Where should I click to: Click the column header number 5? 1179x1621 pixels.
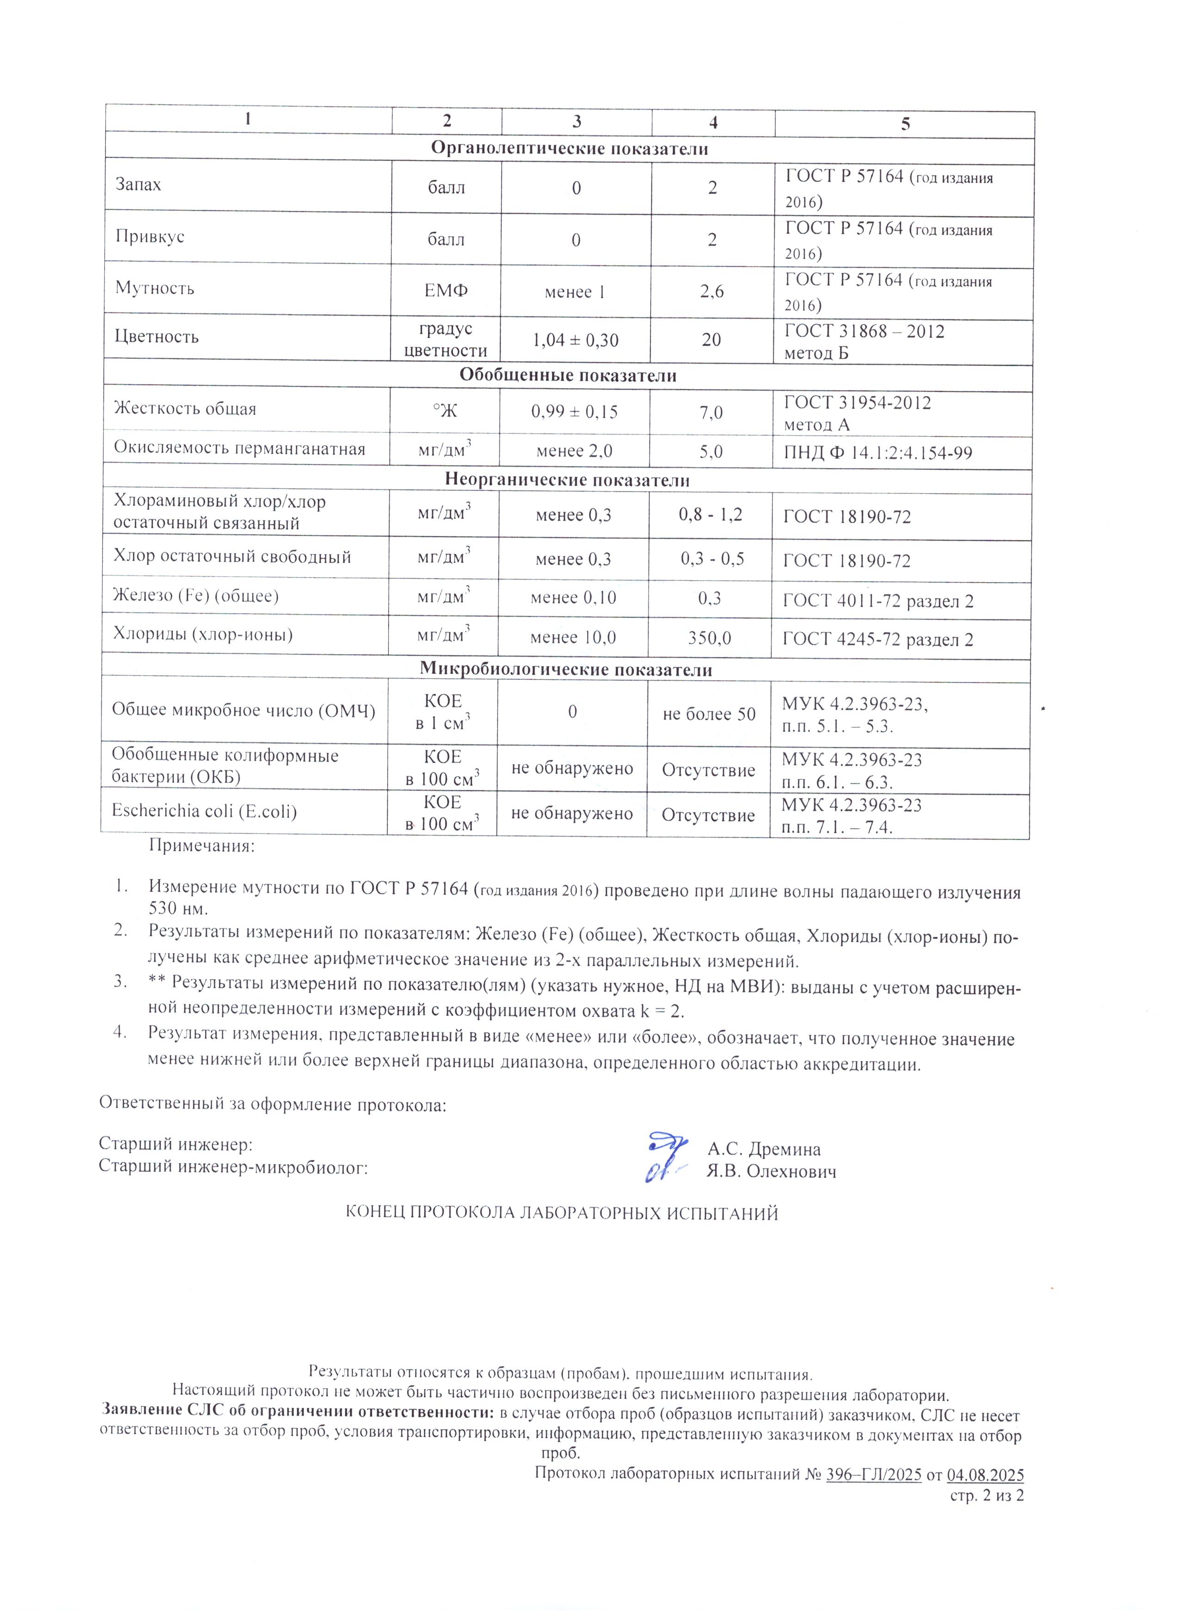point(905,124)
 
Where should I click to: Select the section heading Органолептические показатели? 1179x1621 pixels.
point(569,149)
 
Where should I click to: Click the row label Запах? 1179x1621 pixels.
point(139,184)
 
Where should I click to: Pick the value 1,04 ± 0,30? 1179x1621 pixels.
point(576,340)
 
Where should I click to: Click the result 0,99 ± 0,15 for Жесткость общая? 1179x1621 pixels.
point(574,411)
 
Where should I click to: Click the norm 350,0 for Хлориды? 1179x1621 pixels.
point(709,637)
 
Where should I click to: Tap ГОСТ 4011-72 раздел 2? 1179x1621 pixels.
point(878,601)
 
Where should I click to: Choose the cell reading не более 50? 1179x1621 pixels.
point(709,714)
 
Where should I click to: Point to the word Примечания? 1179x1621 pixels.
point(201,846)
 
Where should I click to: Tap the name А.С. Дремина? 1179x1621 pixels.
point(764,1149)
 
